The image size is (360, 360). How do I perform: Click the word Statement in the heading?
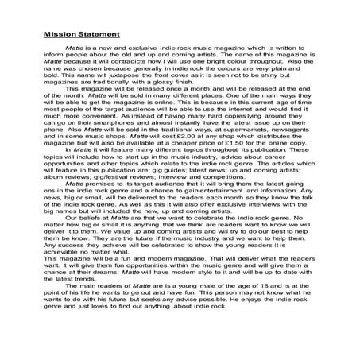coord(99,35)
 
